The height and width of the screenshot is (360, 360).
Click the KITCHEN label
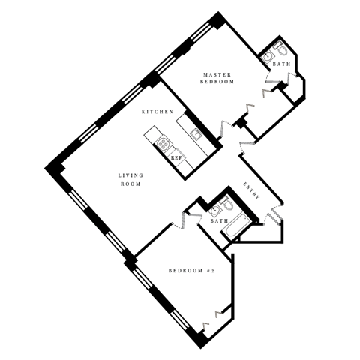pyautogui.click(x=157, y=112)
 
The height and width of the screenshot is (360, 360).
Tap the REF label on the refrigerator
pyautogui.click(x=176, y=158)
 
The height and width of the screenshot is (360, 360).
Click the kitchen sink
pyautogui.click(x=194, y=135)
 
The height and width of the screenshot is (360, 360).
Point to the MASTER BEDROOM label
pyautogui.click(x=217, y=77)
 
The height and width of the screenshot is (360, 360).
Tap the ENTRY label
pyautogui.click(x=251, y=190)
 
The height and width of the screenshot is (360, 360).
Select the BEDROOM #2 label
pyautogui.click(x=191, y=270)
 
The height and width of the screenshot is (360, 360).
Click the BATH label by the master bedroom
pyautogui.click(x=281, y=64)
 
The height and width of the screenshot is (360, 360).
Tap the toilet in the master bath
pyautogui.click(x=280, y=48)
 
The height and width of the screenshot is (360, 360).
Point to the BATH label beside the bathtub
pyautogui.click(x=219, y=221)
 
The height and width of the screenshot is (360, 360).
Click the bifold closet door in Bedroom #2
pyautogui.click(x=219, y=313)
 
